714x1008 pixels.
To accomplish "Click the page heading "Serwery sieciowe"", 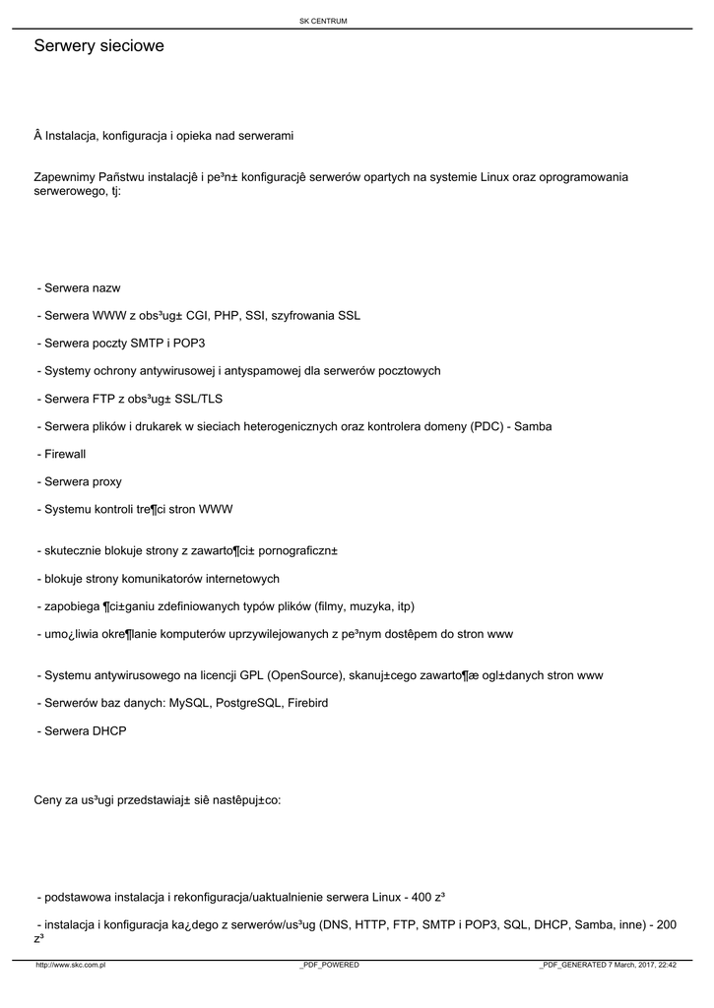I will tap(98, 46).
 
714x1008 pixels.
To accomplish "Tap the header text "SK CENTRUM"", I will tap(323, 21).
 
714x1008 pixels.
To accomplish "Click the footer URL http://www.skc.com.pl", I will tap(71, 965).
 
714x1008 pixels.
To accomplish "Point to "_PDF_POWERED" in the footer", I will tap(329, 965).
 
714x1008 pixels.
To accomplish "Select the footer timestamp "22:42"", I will tap(666, 965).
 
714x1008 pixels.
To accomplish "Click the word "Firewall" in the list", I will tap(65, 455).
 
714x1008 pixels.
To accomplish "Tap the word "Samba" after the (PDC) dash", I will tap(533, 426).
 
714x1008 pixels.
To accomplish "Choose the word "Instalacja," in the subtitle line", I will tap(74, 135).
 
